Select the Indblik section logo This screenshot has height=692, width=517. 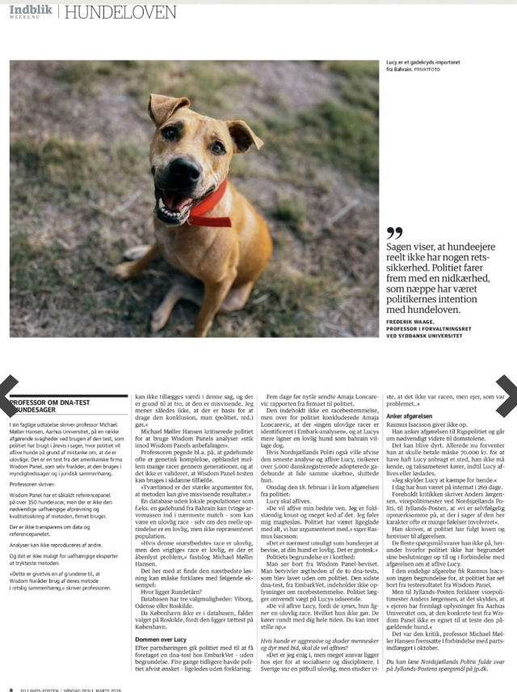[x=30, y=8]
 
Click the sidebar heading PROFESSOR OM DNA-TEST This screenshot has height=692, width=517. [x=53, y=402]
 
